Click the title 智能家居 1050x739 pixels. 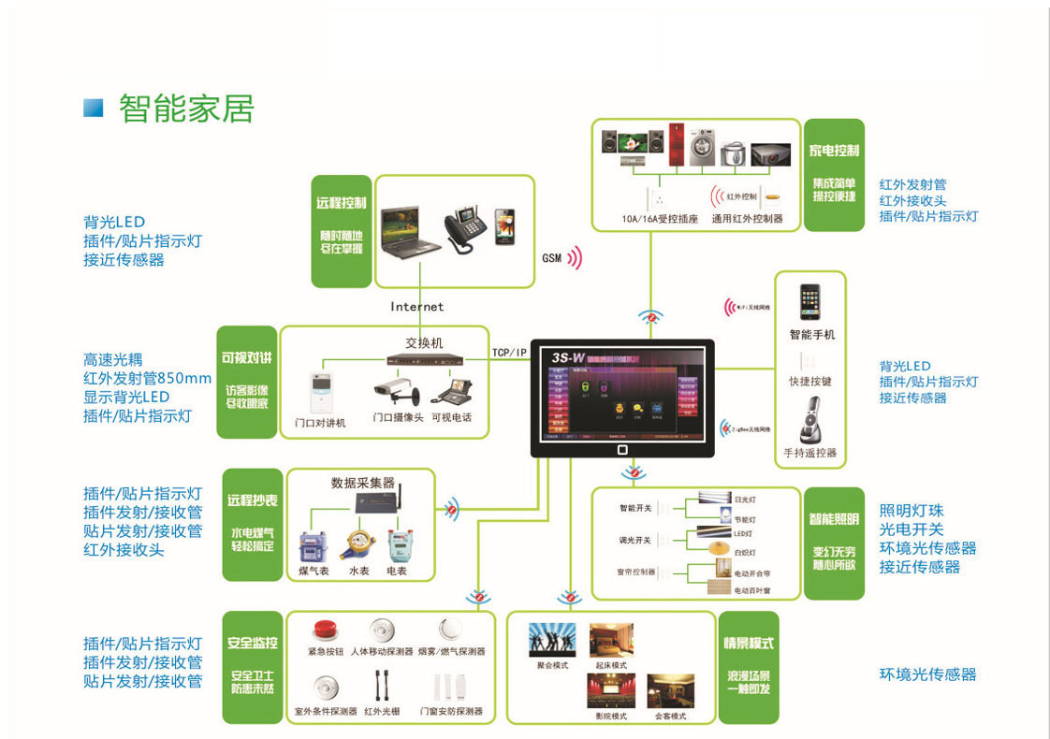point(186,109)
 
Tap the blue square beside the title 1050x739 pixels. point(93,108)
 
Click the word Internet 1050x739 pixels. point(417,307)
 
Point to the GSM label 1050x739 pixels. point(551,258)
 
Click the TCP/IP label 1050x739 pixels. point(510,353)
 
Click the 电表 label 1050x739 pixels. point(397,570)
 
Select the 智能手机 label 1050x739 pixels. point(811,334)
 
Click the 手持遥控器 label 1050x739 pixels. point(810,453)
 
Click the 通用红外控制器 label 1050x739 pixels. point(747,219)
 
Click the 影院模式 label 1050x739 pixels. point(611,717)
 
